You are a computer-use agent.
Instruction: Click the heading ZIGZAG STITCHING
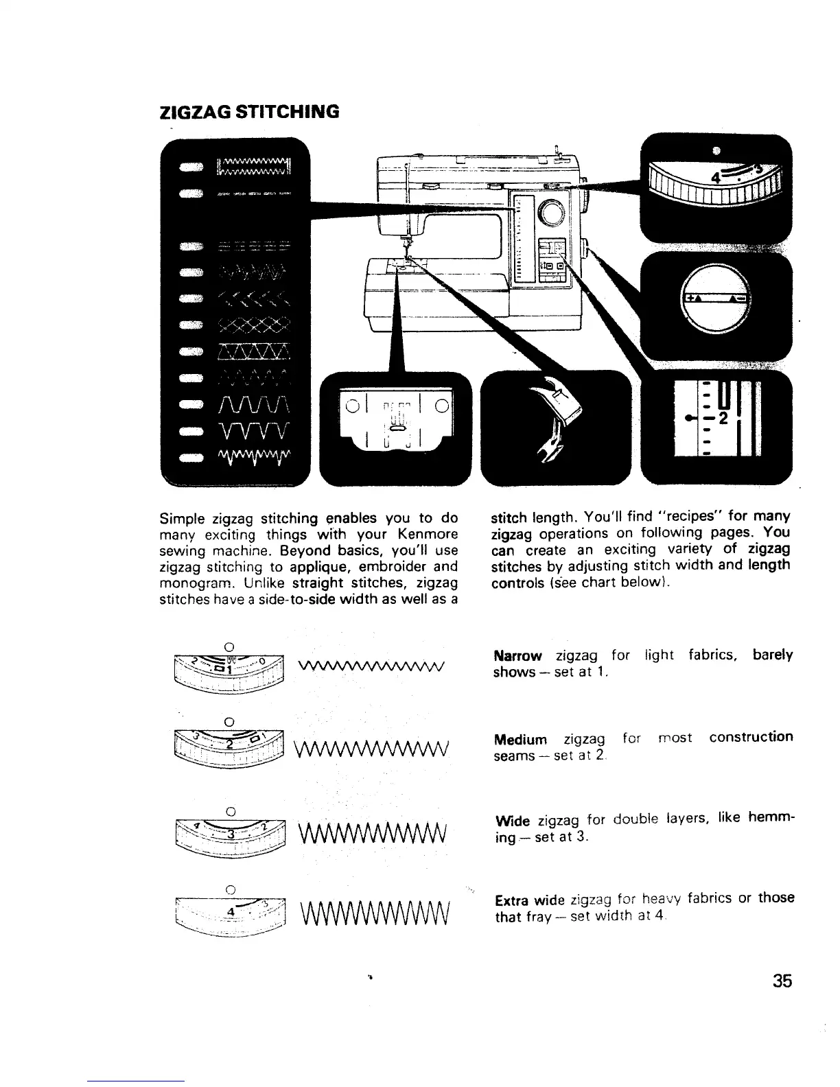click(x=248, y=112)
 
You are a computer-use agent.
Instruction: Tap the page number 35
click(x=781, y=981)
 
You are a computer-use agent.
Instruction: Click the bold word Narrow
click(x=518, y=655)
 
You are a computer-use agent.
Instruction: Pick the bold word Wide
click(x=511, y=821)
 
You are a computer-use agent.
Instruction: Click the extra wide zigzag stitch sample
click(x=373, y=915)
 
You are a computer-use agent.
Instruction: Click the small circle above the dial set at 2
click(x=230, y=722)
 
